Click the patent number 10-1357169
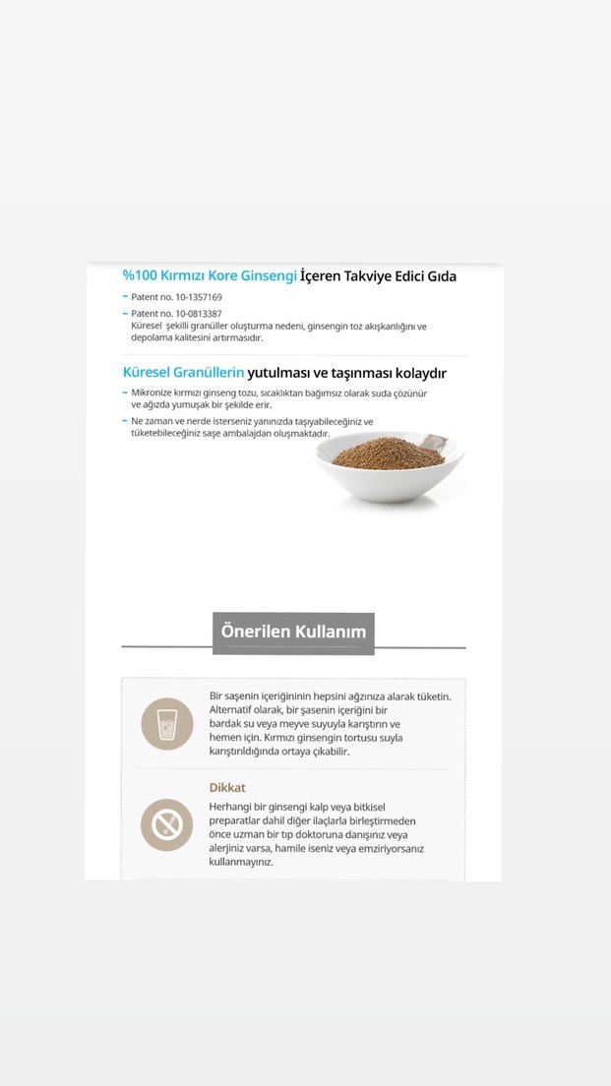[x=199, y=297]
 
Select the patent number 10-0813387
[x=199, y=314]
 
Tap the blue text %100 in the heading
[x=140, y=276]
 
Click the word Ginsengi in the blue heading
[x=269, y=276]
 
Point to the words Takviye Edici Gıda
[x=398, y=276]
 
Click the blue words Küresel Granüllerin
[x=183, y=373]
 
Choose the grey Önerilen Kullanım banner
[x=293, y=632]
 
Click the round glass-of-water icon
[x=167, y=724]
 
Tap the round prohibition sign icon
[x=167, y=824]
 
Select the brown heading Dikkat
[x=227, y=787]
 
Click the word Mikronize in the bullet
[x=155, y=392]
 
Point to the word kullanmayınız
[x=241, y=862]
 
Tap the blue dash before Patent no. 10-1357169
[x=125, y=296]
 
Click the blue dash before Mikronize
[x=125, y=392]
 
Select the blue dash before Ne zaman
[x=125, y=421]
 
